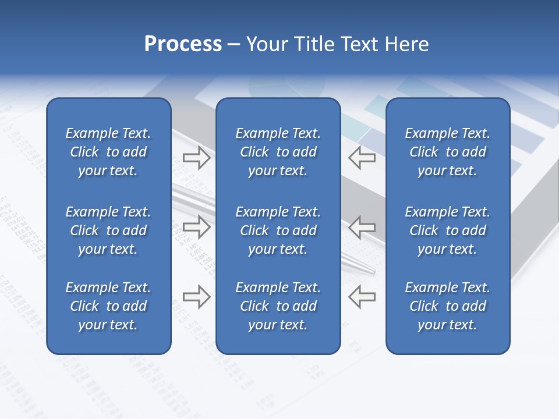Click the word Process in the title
pyautogui.click(x=183, y=44)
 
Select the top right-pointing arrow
pyautogui.click(x=197, y=158)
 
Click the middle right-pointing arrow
pyautogui.click(x=197, y=227)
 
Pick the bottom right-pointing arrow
pyautogui.click(x=197, y=296)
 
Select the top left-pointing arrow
pyautogui.click(x=362, y=158)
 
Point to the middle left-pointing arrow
pyautogui.click(x=362, y=227)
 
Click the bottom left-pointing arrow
pyautogui.click(x=362, y=296)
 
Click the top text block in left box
pyautogui.click(x=108, y=152)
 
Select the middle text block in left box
pyautogui.click(x=108, y=230)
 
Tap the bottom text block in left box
pyautogui.click(x=108, y=306)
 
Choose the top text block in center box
pyautogui.click(x=278, y=152)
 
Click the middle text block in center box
pyautogui.click(x=278, y=230)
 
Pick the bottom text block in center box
pyautogui.click(x=278, y=306)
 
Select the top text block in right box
pyautogui.click(x=447, y=152)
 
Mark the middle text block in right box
pyautogui.click(x=447, y=230)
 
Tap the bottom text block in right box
pyautogui.click(x=447, y=306)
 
